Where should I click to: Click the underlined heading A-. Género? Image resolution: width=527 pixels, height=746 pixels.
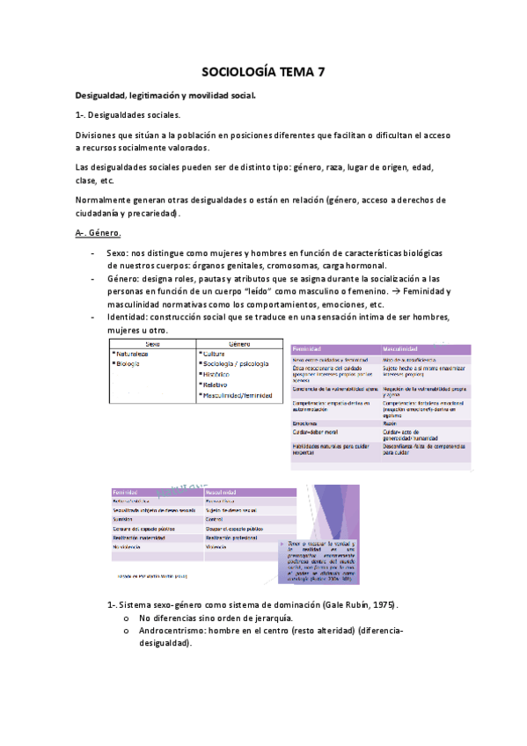[x=99, y=232]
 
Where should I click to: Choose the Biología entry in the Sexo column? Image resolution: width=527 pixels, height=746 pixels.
[x=129, y=363]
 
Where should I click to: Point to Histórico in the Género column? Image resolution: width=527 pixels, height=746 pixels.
[x=221, y=374]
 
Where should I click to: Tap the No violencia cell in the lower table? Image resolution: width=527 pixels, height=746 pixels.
[x=128, y=546]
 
